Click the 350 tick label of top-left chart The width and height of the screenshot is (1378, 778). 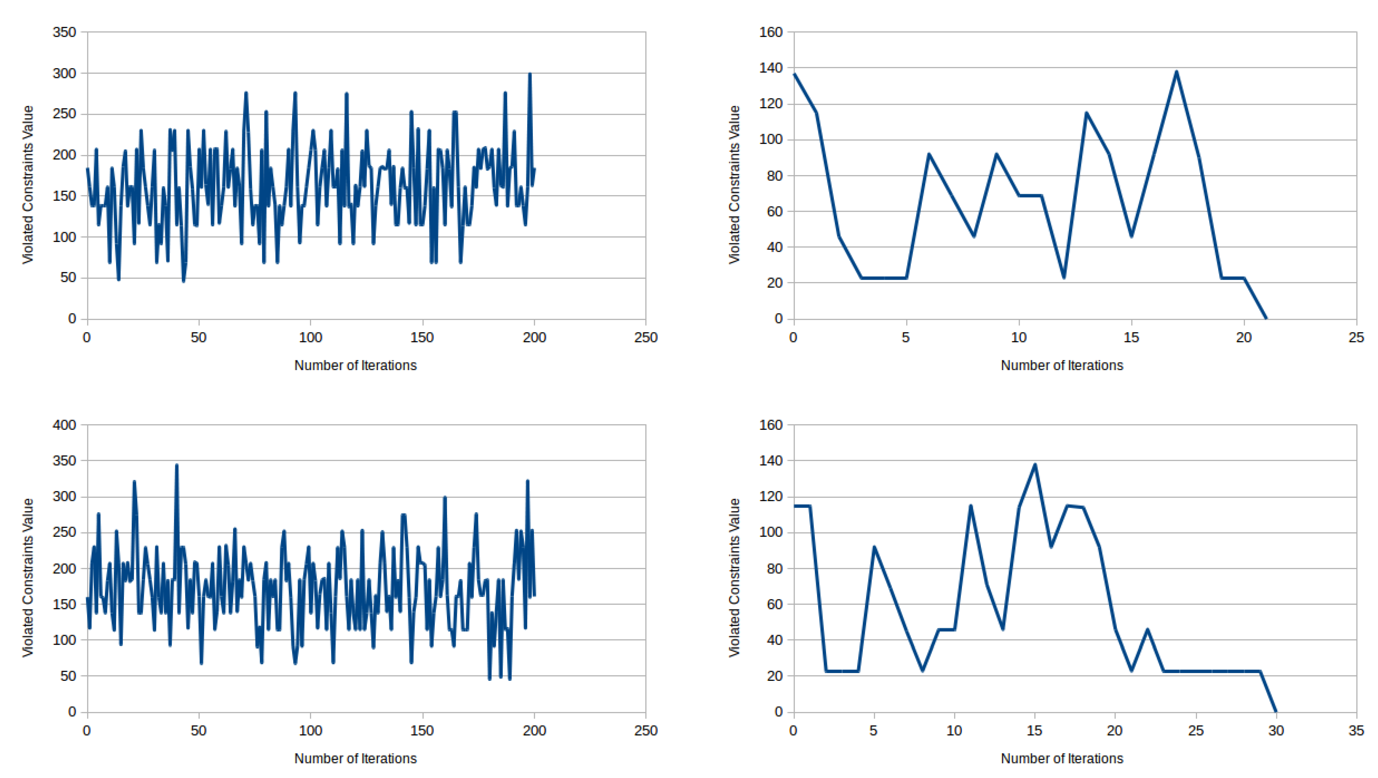[x=64, y=32]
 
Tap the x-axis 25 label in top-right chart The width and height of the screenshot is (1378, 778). [x=1356, y=337]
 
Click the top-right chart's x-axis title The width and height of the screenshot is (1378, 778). [x=1062, y=366]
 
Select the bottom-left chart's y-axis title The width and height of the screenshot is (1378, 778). [x=28, y=578]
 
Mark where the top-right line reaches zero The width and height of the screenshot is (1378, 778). [x=1266, y=318]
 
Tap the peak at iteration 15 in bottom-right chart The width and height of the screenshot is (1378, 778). [x=1035, y=464]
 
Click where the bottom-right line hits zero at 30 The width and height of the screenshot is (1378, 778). [x=1276, y=711]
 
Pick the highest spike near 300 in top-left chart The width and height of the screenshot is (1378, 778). [x=530, y=74]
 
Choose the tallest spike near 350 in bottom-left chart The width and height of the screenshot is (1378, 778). [x=176, y=465]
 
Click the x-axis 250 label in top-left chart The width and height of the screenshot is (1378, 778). [x=646, y=337]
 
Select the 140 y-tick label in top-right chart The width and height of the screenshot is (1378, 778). [x=771, y=68]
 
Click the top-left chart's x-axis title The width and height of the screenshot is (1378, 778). [x=355, y=366]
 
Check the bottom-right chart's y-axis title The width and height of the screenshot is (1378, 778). [x=734, y=578]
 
